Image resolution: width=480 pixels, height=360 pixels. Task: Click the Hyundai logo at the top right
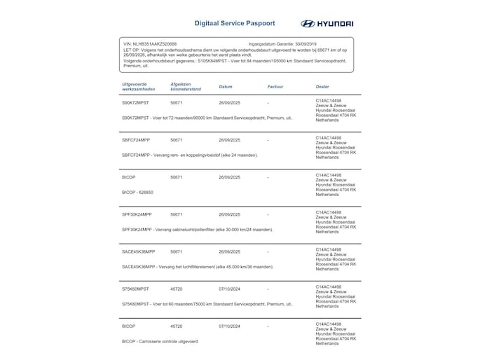pos(327,23)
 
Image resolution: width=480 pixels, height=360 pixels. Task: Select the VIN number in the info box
pos(150,43)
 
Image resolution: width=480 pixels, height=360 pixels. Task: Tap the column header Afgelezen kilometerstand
pos(186,87)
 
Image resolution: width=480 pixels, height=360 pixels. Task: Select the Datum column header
pos(226,87)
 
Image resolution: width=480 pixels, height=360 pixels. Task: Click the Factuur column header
pos(275,87)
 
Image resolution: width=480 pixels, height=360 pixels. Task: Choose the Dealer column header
pos(323,87)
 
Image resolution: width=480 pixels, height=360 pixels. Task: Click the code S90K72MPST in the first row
pos(136,103)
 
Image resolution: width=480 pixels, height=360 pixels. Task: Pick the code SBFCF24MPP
pos(136,140)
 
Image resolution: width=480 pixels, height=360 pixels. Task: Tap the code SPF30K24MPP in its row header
pos(137,214)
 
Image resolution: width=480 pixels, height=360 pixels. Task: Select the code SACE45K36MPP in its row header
pos(139,251)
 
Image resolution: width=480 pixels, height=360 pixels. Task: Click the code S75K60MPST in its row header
pos(136,289)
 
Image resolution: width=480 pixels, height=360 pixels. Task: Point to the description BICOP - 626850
pos(138,192)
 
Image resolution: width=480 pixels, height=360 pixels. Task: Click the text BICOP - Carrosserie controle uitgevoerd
pos(160,341)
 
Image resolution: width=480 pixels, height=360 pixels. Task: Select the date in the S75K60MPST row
pos(229,289)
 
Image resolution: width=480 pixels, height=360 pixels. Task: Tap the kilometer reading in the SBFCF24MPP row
pos(177,140)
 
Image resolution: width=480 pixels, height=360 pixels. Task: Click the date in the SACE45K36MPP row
pos(229,251)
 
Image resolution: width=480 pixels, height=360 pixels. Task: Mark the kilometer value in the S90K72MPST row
pos(177,103)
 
